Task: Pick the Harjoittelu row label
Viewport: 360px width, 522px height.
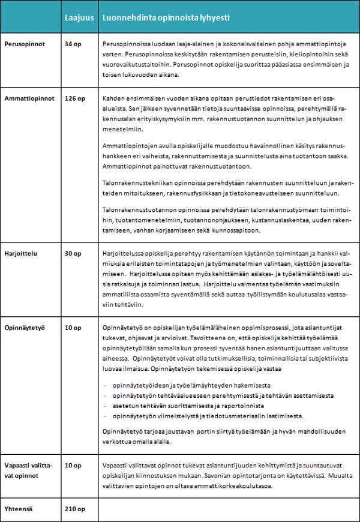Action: click(x=20, y=254)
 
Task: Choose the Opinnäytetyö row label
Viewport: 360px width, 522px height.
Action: click(x=24, y=328)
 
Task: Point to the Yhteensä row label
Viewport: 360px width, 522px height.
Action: click(x=19, y=509)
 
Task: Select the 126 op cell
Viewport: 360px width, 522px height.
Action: click(x=75, y=98)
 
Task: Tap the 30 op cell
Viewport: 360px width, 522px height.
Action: click(x=73, y=254)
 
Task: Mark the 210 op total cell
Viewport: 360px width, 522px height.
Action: click(x=75, y=509)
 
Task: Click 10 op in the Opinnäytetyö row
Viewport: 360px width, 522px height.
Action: click(x=73, y=328)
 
